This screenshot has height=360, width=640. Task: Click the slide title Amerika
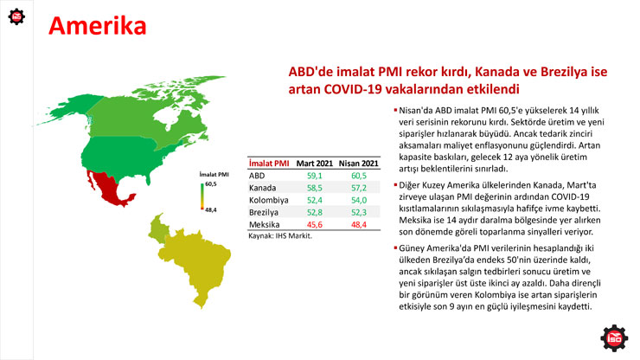point(97,26)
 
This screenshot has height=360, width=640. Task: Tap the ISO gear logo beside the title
point(16,16)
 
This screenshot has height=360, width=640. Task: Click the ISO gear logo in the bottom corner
point(614,338)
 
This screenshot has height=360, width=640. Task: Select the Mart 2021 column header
point(314,164)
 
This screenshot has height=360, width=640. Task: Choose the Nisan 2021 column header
point(358,164)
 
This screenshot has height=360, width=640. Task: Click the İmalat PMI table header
point(269,164)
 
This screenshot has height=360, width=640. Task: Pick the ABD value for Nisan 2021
point(359,176)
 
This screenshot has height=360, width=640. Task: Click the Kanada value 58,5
point(314,188)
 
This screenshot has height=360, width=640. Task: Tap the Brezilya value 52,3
point(359,213)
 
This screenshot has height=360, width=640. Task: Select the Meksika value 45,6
point(314,225)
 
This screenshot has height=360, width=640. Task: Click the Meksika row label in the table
point(264,225)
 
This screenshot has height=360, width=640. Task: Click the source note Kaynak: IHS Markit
point(280,235)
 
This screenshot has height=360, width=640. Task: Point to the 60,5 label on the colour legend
point(211,183)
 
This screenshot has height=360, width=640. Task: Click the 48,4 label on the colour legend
point(211,210)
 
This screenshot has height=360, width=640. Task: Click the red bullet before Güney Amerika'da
point(395,247)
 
